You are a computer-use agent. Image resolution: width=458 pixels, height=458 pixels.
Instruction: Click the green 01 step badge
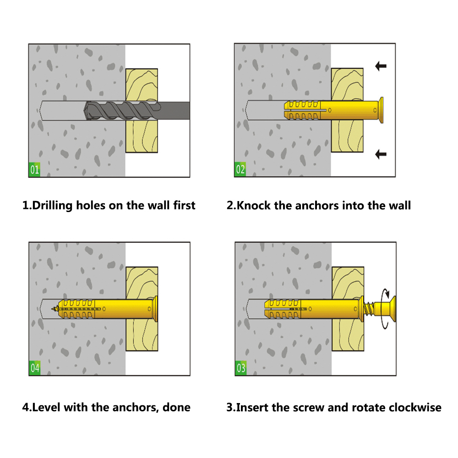(34, 169)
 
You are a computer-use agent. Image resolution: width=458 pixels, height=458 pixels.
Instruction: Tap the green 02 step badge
(240, 169)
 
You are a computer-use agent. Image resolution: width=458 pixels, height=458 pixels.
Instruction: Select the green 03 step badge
(241, 368)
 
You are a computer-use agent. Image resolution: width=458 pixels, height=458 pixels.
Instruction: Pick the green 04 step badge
(35, 368)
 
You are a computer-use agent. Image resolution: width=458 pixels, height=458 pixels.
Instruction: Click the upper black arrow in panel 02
(381, 66)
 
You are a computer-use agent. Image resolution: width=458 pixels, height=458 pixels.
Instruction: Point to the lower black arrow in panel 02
(381, 154)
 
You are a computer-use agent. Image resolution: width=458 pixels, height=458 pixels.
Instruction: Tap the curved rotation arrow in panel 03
(386, 309)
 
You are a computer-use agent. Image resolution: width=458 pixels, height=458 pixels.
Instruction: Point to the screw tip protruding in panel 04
(55, 309)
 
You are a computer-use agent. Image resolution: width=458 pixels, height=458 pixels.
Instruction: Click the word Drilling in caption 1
(52, 206)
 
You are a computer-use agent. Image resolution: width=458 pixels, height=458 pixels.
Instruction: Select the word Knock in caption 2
(254, 205)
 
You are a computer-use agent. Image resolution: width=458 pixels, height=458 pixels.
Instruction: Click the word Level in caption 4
(46, 408)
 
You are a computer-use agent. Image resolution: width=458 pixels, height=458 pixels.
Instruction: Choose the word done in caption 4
(176, 408)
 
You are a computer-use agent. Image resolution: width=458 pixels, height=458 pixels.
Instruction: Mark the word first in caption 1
(184, 205)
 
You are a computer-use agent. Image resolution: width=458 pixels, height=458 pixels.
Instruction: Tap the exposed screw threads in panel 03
(369, 309)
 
